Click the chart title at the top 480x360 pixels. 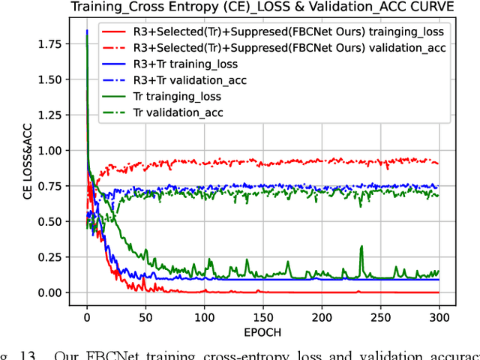(x=259, y=8)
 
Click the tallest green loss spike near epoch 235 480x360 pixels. (x=361, y=247)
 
